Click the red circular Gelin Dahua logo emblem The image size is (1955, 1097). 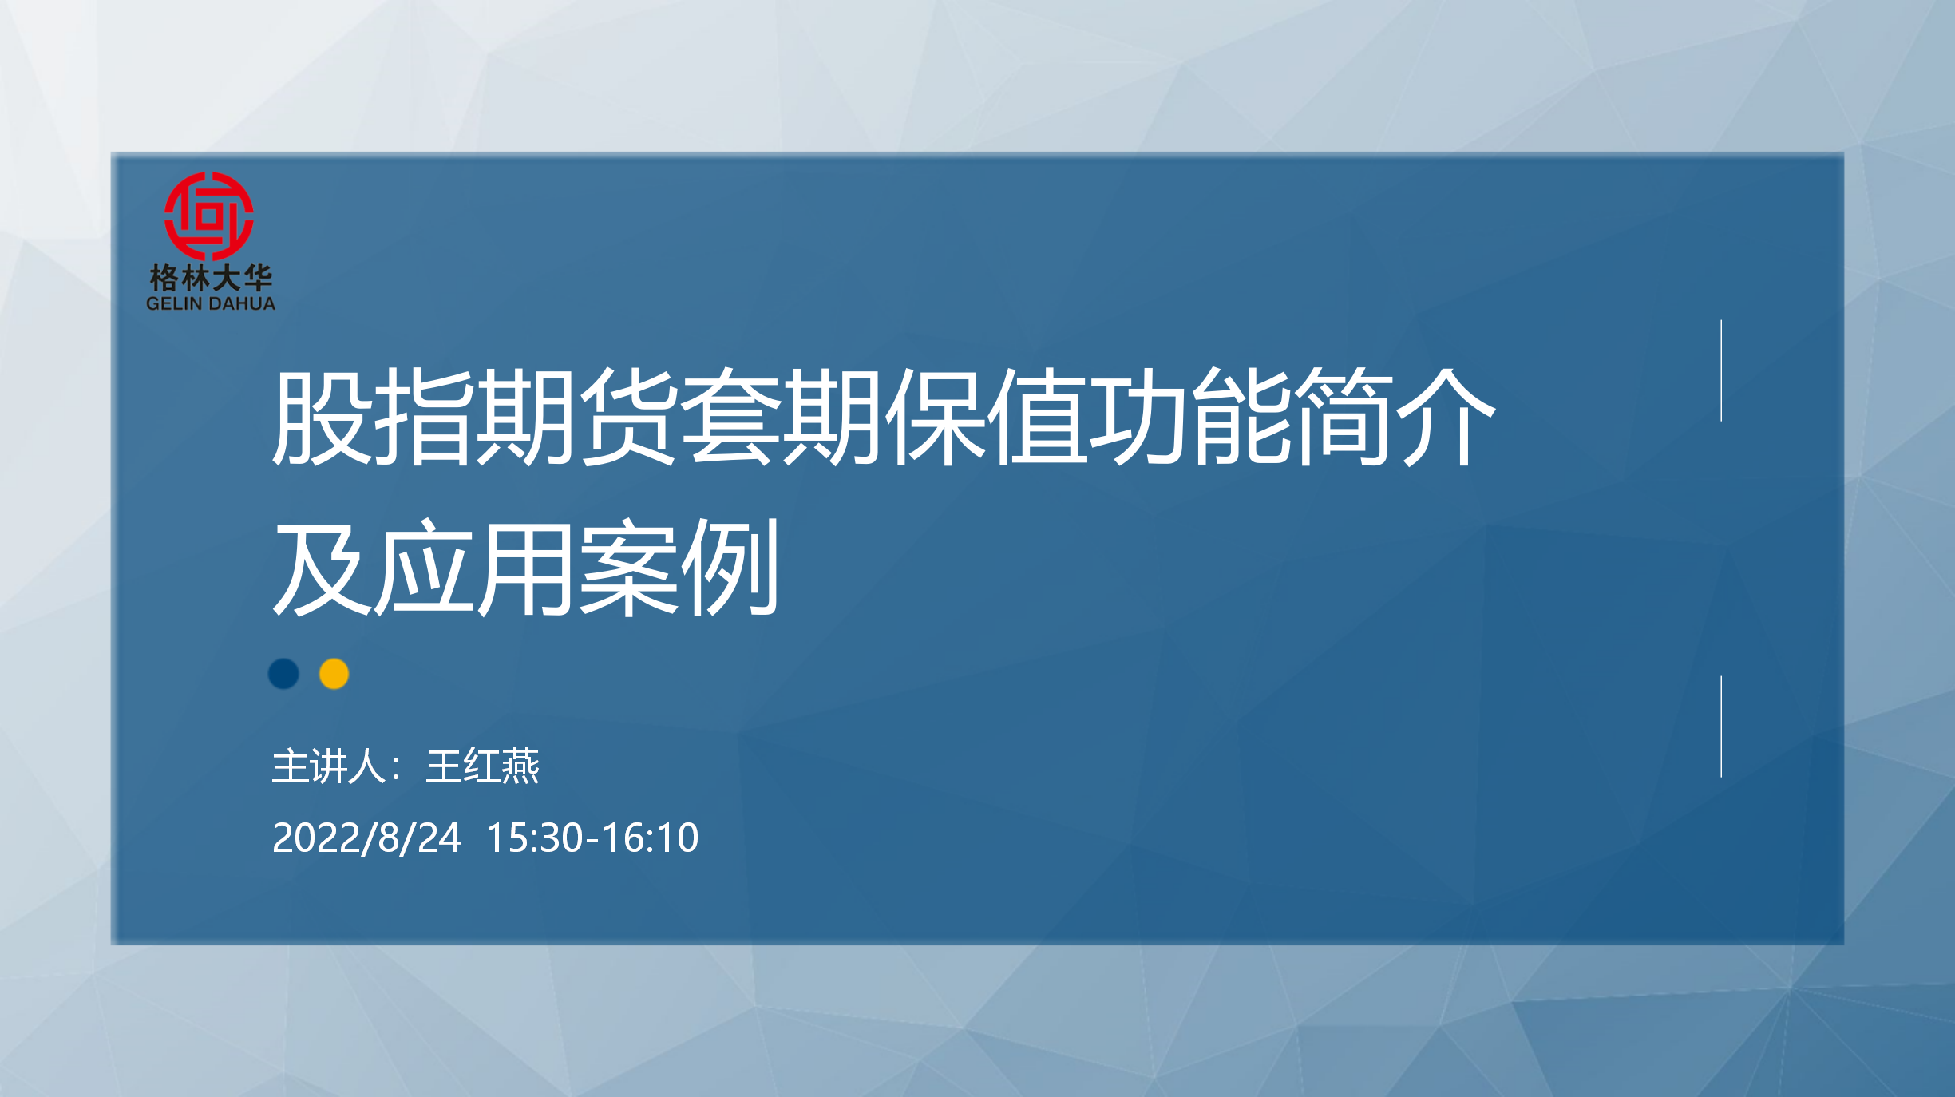pos(209,216)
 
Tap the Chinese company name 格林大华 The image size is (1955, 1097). pos(211,278)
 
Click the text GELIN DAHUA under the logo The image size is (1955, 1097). pos(211,303)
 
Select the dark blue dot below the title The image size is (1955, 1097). pos(283,674)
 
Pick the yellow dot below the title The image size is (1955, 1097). pos(334,674)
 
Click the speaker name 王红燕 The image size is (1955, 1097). pos(483,766)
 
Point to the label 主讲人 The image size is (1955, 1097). pos(329,766)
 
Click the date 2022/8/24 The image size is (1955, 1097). pos(366,838)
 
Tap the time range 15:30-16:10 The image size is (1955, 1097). pos(592,838)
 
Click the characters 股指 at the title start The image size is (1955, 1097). pos(372,416)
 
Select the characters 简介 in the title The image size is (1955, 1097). pos(1393,416)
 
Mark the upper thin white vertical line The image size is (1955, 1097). pos(1721,370)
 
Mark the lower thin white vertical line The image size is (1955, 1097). pos(1721,727)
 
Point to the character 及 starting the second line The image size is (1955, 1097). pos(323,567)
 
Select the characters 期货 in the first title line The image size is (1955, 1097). pos(576,416)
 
